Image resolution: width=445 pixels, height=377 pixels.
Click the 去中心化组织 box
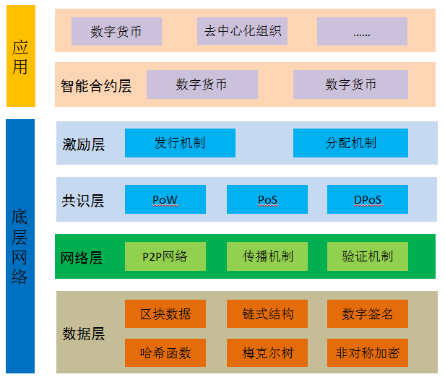[x=242, y=32]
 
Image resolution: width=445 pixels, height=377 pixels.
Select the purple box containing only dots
[x=362, y=32]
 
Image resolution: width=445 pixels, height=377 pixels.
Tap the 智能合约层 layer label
[x=96, y=86]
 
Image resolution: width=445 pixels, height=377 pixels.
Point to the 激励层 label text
[x=83, y=144]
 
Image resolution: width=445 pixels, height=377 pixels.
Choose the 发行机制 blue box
[x=180, y=143]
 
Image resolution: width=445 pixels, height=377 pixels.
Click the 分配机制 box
[x=350, y=143]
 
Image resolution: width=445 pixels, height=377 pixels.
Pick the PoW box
[x=165, y=199]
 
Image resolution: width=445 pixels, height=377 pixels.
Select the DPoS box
[x=368, y=199]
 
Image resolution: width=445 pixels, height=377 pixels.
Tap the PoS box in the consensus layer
[x=267, y=199]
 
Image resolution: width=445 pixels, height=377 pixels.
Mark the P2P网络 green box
[x=165, y=256]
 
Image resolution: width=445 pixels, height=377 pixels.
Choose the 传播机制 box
[x=267, y=256]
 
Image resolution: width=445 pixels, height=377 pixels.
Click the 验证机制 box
[x=368, y=256]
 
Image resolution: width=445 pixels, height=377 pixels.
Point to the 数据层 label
[x=83, y=334]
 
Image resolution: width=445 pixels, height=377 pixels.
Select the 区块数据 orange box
[x=165, y=314]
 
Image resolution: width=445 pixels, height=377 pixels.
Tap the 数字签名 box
[x=368, y=314]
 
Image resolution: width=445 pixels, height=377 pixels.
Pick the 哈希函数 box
[x=165, y=353]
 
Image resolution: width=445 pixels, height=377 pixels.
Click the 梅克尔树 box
[x=267, y=353]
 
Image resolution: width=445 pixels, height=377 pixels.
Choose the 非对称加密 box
[x=368, y=353]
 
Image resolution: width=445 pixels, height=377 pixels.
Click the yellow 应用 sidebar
[x=20, y=56]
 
